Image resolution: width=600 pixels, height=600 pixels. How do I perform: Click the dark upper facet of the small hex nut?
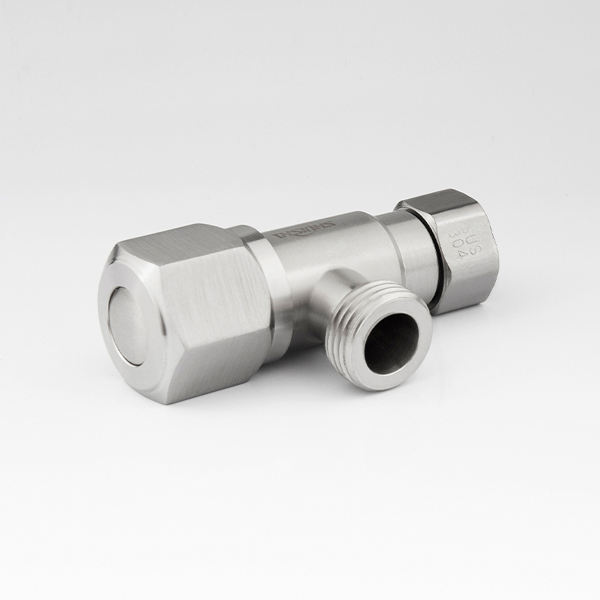click(x=433, y=199)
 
